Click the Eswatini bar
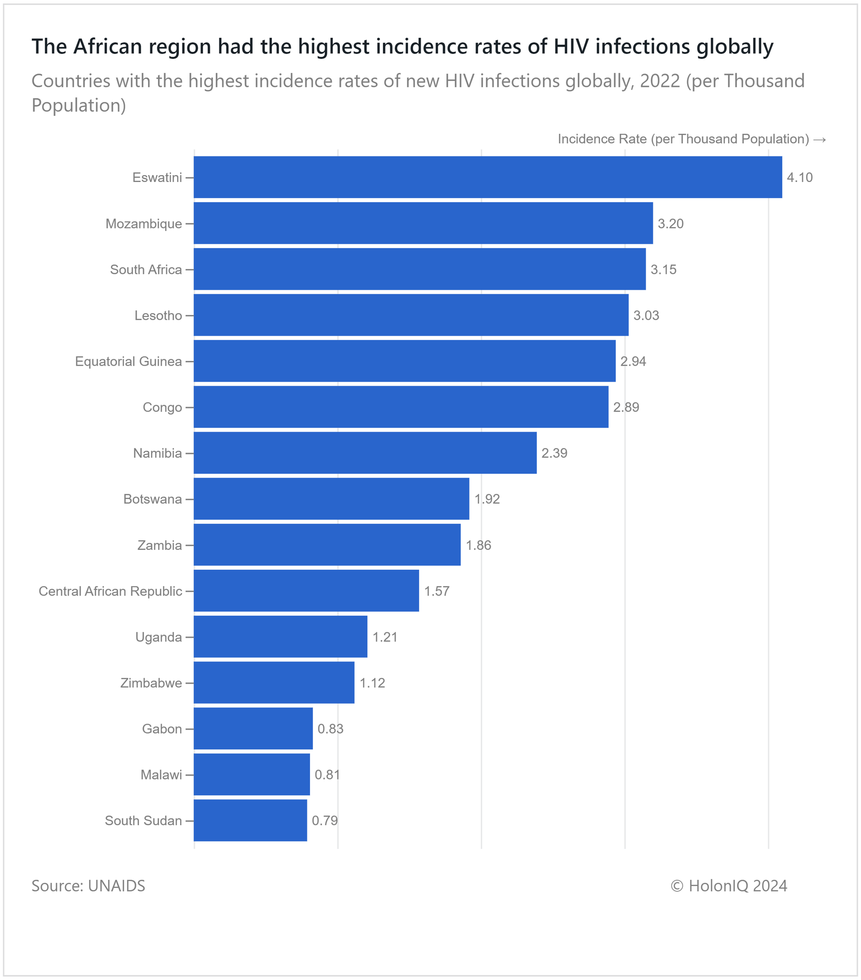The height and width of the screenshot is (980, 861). click(487, 177)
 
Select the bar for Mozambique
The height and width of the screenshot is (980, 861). click(423, 223)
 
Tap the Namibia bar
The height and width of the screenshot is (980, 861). click(365, 453)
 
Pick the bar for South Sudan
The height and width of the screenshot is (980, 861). click(250, 820)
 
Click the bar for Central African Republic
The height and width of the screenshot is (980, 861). click(306, 591)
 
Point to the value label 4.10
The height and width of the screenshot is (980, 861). click(799, 177)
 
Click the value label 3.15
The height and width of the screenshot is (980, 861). click(663, 269)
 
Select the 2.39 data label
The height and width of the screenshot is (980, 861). click(554, 453)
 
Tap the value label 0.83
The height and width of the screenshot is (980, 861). click(331, 729)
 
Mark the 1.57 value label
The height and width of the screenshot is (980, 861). click(437, 591)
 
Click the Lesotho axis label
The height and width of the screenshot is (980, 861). click(158, 315)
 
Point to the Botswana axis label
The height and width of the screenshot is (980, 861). click(152, 499)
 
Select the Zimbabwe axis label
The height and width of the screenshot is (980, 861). click(151, 683)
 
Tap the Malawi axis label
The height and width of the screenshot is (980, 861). click(161, 775)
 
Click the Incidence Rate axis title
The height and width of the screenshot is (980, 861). click(691, 139)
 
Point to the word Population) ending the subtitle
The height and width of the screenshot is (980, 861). click(79, 105)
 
